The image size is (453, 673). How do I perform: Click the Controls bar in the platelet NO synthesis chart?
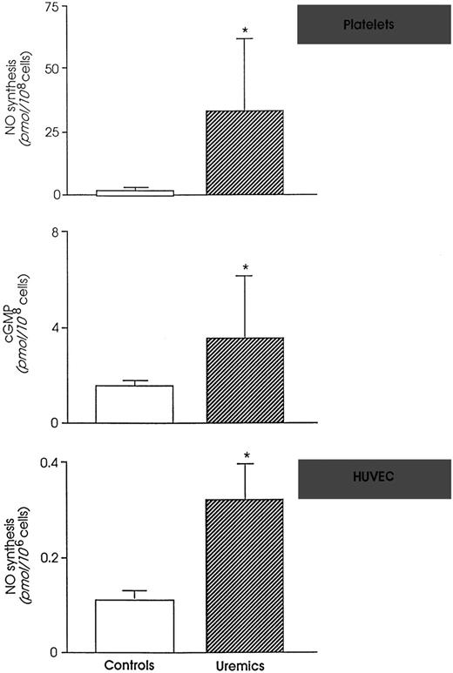tap(135, 192)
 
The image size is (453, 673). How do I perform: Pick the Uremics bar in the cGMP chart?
tap(245, 380)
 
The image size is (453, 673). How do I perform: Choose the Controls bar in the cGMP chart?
tap(135, 404)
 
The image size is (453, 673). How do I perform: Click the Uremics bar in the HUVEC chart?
tap(245, 575)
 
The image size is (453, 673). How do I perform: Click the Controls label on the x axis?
tap(134, 663)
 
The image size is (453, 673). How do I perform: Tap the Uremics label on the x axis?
tap(245, 664)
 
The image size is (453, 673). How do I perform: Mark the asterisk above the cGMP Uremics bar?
tap(246, 268)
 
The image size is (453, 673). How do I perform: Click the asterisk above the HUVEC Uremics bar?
tap(247, 455)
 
